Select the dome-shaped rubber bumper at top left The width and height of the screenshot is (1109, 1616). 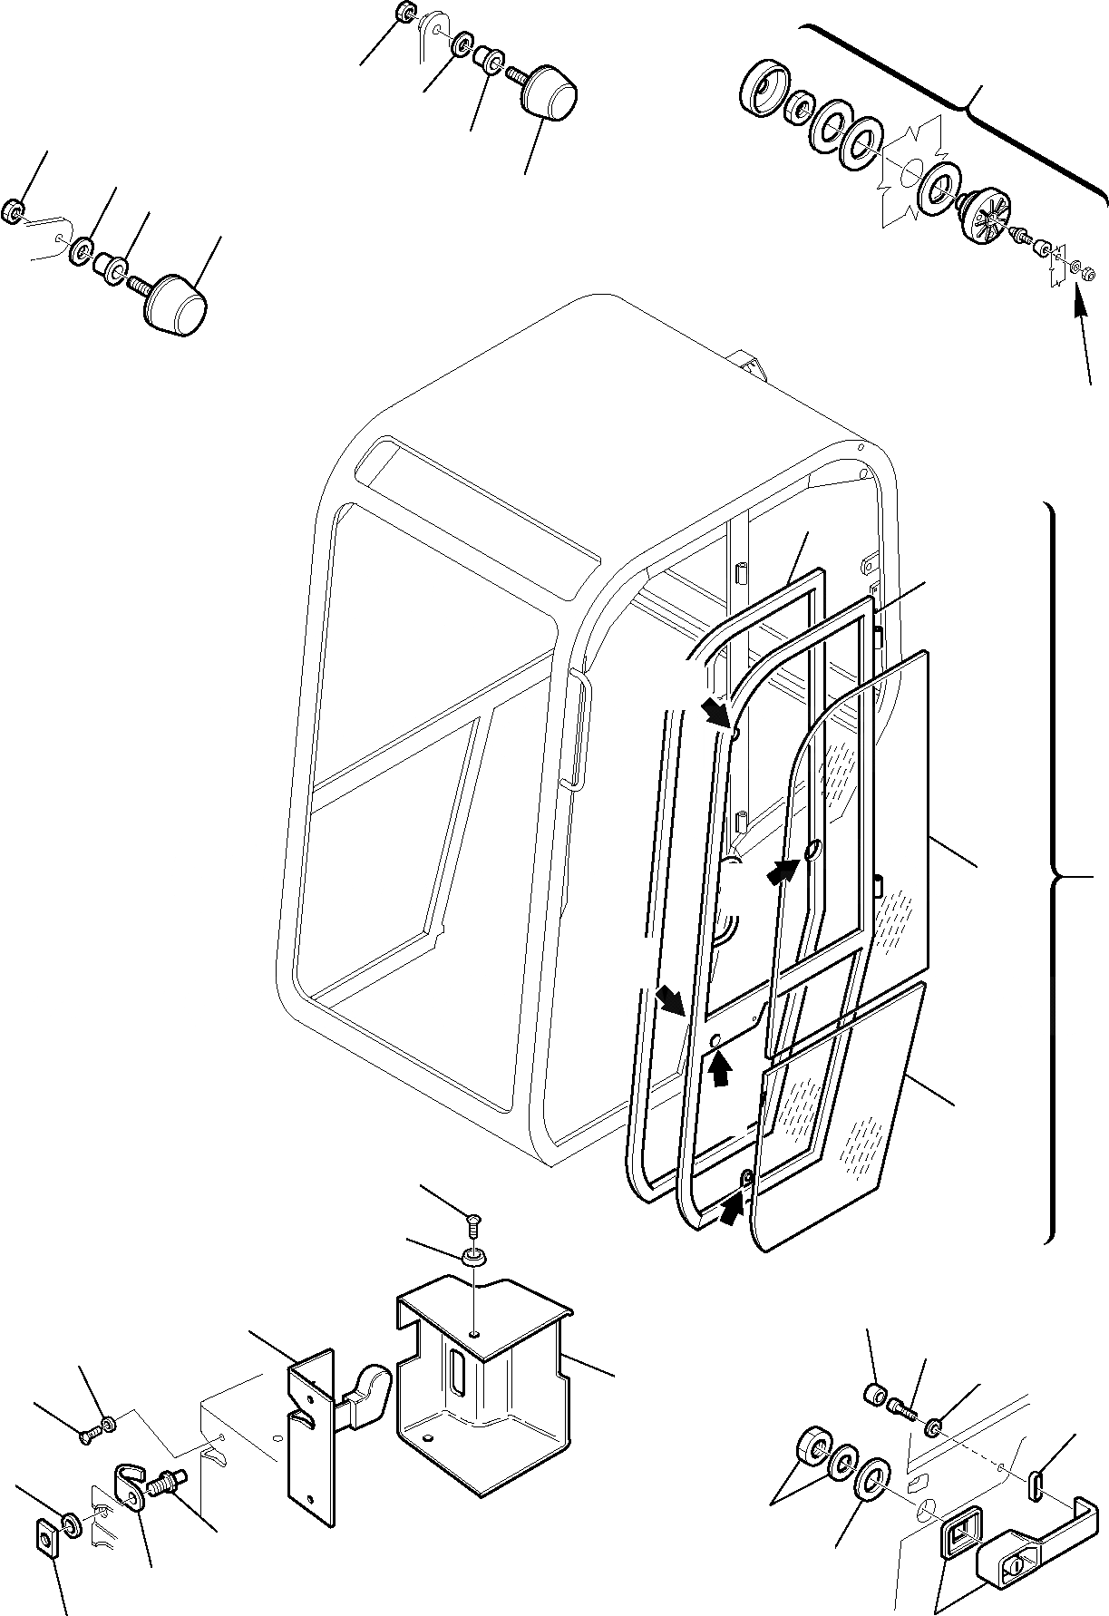[179, 307]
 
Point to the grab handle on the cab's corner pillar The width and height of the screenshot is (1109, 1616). [575, 725]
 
